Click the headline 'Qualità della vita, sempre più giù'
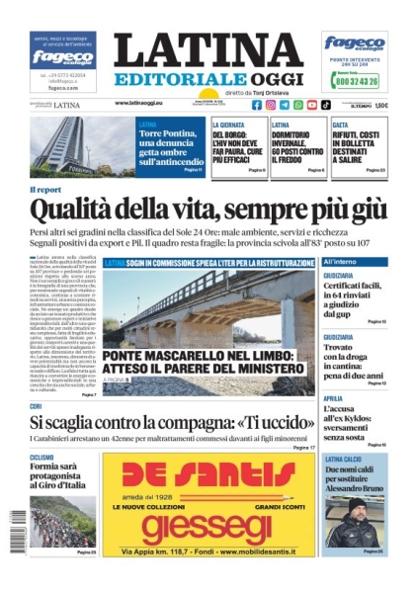coord(208,210)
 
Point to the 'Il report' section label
coord(45,189)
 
